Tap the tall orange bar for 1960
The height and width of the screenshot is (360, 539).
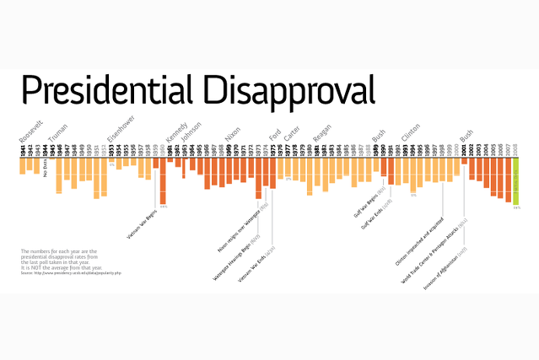163,183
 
